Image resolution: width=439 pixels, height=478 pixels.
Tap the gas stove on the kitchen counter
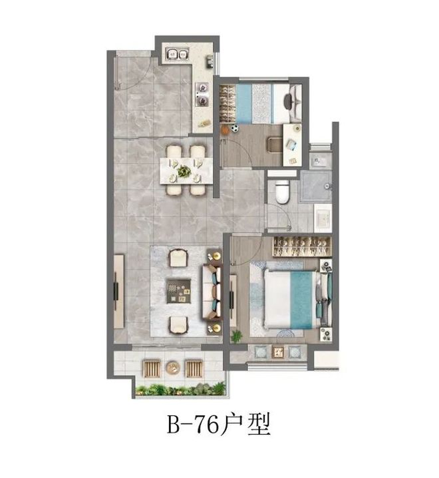[x=202, y=94]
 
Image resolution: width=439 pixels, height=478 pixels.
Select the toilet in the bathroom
[x=282, y=192]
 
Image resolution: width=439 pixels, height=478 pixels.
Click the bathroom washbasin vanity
[x=323, y=217]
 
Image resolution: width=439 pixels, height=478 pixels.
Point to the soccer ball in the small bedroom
[x=235, y=128]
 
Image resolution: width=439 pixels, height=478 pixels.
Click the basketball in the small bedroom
[x=225, y=130]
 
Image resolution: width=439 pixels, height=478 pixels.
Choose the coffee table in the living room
[x=179, y=291]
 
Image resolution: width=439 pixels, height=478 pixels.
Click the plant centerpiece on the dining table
[x=184, y=171]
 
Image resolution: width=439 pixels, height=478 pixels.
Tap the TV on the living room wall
[x=116, y=291]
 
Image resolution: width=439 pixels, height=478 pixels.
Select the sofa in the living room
[x=212, y=292]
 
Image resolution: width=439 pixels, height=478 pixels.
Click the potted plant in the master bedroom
[x=236, y=336]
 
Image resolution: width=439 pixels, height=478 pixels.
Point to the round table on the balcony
[x=173, y=367]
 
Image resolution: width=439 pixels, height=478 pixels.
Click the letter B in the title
[x=174, y=424]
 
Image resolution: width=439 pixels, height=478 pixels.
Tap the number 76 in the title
[x=206, y=424]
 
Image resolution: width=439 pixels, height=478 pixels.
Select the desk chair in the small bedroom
[x=274, y=144]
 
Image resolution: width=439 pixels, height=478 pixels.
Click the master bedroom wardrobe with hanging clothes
[x=301, y=246]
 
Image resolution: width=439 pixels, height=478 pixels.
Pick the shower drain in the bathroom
[x=327, y=186]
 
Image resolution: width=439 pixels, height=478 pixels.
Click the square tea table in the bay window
[x=277, y=352]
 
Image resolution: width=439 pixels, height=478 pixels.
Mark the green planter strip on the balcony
[x=181, y=389]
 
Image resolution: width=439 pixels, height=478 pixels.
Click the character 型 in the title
[x=259, y=424]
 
